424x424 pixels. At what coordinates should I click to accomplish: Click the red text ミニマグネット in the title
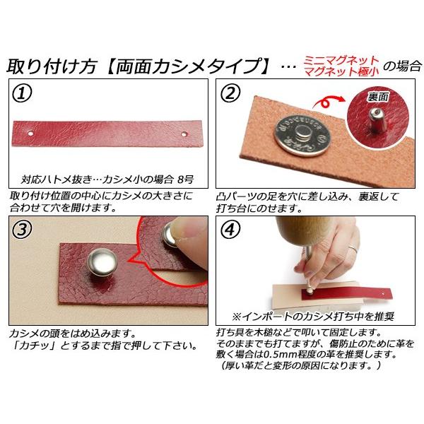pyautogui.click(x=341, y=60)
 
